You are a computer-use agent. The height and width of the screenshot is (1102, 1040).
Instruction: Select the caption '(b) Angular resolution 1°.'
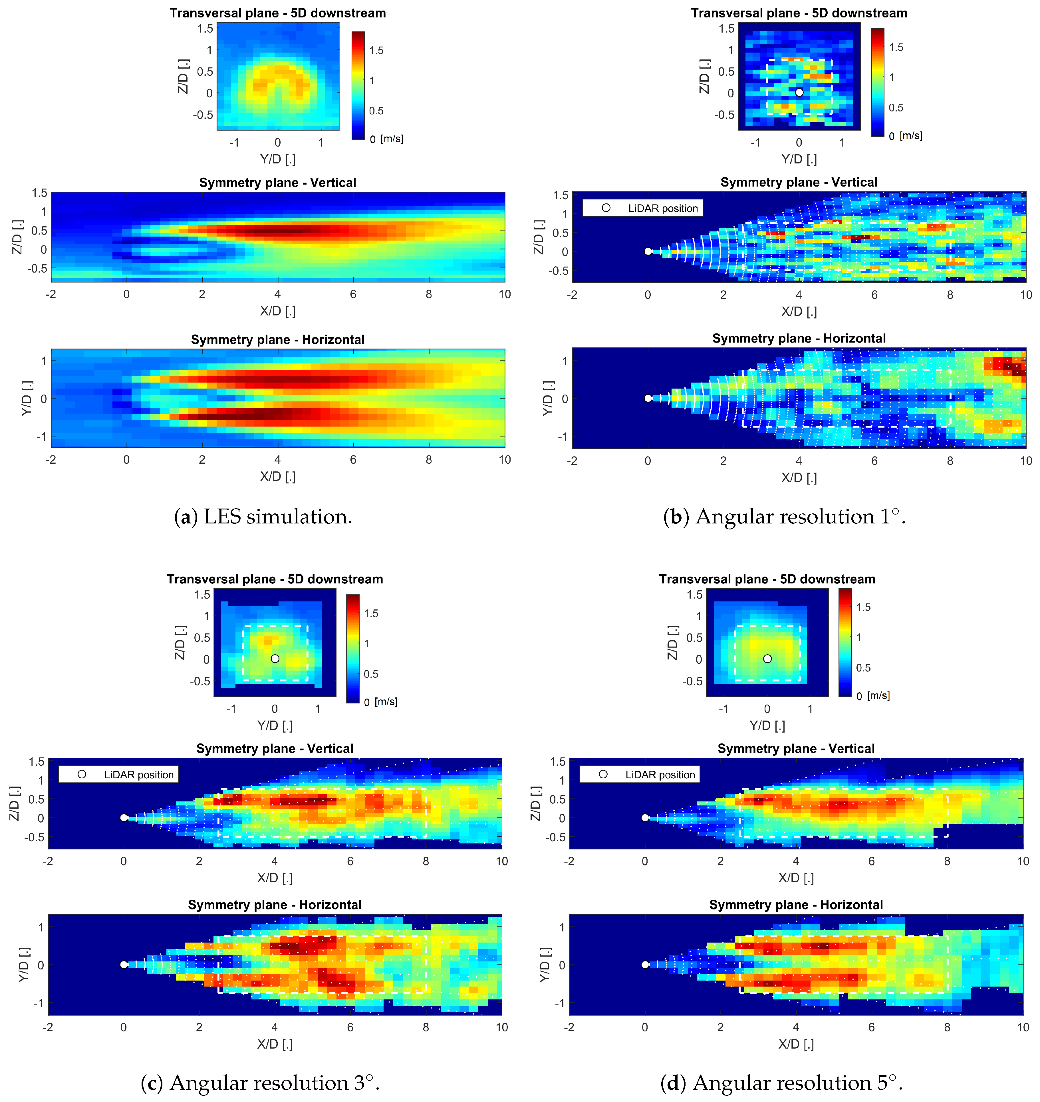(x=785, y=517)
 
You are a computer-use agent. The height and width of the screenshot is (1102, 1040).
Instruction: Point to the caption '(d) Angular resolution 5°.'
(x=782, y=1083)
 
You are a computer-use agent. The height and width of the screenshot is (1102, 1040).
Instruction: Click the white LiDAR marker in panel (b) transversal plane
(x=799, y=93)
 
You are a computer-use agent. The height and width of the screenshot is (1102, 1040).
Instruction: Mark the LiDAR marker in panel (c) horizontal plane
(x=124, y=964)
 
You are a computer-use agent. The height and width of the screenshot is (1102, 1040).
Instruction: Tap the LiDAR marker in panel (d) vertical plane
(x=645, y=817)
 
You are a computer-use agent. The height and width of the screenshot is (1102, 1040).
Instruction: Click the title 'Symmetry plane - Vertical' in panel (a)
(x=277, y=183)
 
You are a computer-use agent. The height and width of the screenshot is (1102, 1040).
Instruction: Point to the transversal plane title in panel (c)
(x=275, y=579)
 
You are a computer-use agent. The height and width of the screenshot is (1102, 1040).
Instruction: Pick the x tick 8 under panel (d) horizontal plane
(x=947, y=1027)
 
